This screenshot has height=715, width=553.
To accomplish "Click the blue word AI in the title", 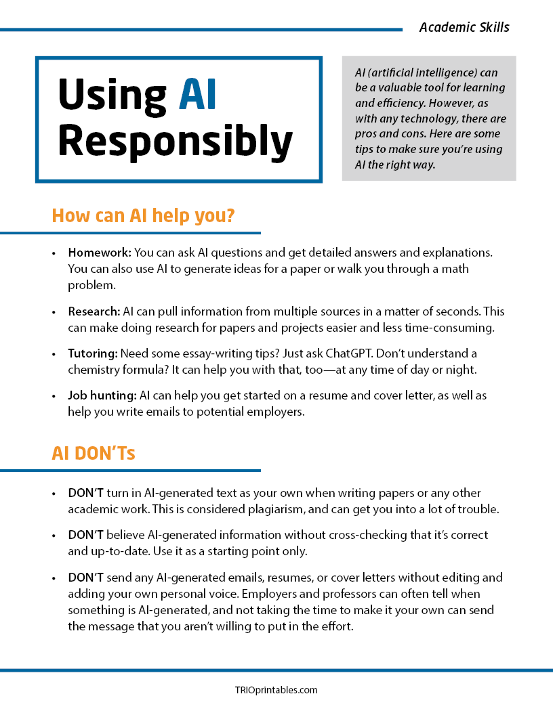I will coord(198,94).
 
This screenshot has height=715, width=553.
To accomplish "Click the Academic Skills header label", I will coord(464,27).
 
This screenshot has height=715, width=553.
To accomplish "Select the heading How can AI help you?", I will coord(143,216).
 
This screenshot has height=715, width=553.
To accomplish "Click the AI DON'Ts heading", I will coord(94,453).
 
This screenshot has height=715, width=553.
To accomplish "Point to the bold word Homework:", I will coord(100,253).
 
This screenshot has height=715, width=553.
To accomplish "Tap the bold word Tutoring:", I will coord(92,353).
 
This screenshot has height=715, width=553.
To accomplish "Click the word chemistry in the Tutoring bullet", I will coord(94,370).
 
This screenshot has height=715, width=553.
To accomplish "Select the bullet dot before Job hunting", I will coord(54,395).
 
